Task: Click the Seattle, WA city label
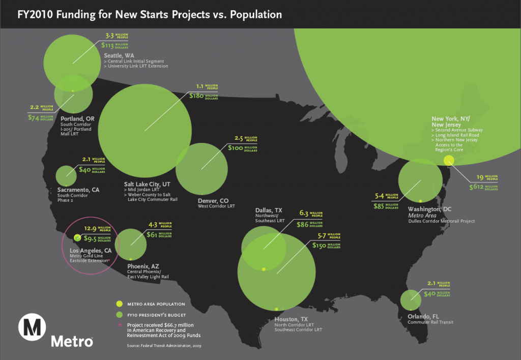tap(120, 55)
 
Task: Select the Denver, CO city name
tap(213, 200)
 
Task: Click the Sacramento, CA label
tap(78, 190)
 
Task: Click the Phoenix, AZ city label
tap(143, 266)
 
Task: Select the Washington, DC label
tap(429, 209)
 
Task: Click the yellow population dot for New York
tap(448, 161)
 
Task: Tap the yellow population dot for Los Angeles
tap(77, 237)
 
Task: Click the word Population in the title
tap(255, 14)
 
